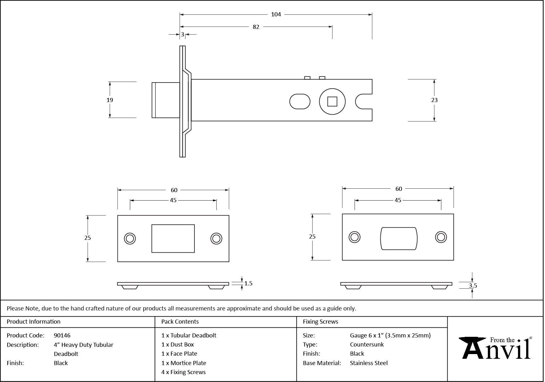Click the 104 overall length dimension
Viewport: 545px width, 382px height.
coord(276,14)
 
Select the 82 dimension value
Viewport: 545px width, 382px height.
coord(256,27)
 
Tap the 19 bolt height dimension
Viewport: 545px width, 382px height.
coord(110,100)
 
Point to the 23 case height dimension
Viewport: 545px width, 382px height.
coord(434,100)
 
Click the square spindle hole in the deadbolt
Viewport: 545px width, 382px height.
coord(332,102)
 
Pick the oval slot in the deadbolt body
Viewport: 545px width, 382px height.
coord(300,101)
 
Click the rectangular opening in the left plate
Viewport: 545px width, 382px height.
coord(173,239)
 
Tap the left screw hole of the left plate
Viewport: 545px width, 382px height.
coord(130,239)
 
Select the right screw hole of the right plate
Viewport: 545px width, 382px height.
coord(441,237)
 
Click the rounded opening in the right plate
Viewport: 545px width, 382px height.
coord(399,238)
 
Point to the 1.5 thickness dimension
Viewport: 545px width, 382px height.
coord(248,283)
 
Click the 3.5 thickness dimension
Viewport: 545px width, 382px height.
coord(473,286)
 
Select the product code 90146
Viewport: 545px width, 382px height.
coord(62,335)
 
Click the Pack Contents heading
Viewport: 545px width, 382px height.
coord(180,322)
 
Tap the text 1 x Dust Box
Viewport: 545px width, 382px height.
coord(177,345)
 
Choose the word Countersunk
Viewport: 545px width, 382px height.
coord(367,345)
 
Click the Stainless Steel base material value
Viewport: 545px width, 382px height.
coord(369,363)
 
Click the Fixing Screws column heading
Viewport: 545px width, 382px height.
coord(320,322)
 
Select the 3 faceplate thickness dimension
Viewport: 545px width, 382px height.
coord(183,35)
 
